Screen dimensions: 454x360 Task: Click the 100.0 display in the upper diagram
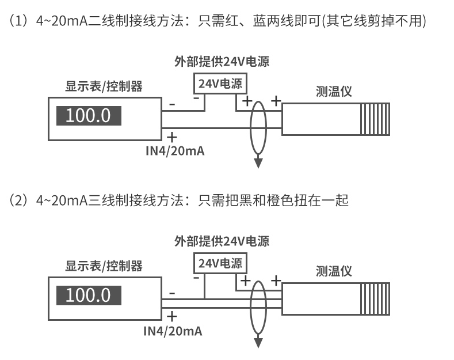click(x=89, y=116)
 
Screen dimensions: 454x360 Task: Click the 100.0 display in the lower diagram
click(x=89, y=295)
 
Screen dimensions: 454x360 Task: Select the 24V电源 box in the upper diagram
click(x=220, y=84)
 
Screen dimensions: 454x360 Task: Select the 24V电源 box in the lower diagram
click(x=220, y=263)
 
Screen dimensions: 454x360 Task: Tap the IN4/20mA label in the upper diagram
click(x=175, y=151)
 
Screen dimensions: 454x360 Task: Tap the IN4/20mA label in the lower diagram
click(x=173, y=331)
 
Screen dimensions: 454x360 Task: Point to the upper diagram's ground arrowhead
click(x=258, y=163)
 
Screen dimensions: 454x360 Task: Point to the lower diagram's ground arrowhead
click(x=258, y=343)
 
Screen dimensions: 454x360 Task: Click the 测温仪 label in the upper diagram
click(x=334, y=92)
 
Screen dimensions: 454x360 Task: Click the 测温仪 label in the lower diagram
click(x=334, y=271)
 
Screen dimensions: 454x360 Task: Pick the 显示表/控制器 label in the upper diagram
click(x=104, y=86)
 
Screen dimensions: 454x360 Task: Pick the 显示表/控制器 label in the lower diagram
click(x=104, y=266)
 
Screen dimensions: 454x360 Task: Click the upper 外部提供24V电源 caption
click(x=222, y=62)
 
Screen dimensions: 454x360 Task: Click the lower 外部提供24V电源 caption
click(x=222, y=241)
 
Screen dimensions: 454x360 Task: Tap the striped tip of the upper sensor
click(x=375, y=119)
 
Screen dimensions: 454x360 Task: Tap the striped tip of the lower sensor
click(x=375, y=299)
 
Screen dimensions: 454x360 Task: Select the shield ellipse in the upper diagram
click(x=250, y=127)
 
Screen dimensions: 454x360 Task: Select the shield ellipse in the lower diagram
click(x=250, y=307)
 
